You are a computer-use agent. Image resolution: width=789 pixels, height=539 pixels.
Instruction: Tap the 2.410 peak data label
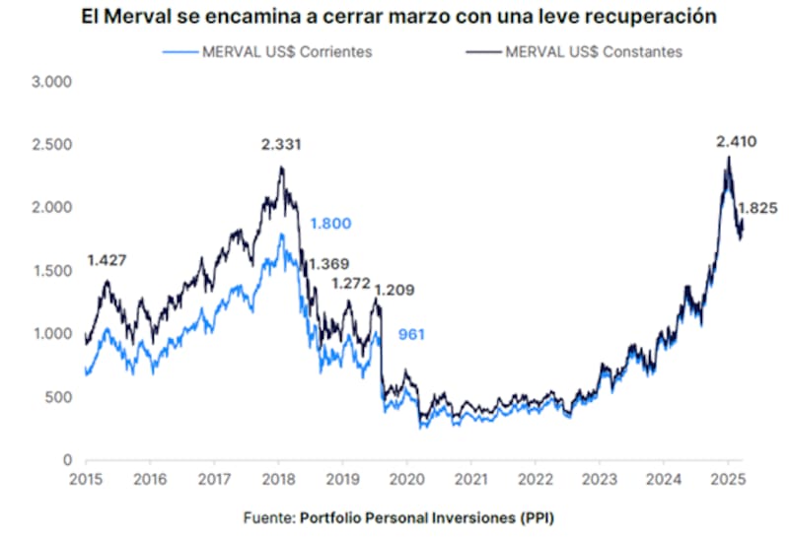[736, 142]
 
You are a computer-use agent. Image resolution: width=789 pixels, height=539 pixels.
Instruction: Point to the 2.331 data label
[281, 145]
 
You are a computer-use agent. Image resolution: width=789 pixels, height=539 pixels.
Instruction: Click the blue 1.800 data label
[330, 224]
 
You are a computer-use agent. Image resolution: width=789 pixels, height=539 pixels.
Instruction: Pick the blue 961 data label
[410, 335]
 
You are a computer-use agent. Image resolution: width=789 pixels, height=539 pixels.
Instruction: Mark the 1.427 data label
[107, 260]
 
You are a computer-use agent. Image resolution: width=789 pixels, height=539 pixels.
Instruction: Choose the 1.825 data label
[757, 208]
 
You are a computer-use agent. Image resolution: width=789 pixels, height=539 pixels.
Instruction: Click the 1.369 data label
[328, 265]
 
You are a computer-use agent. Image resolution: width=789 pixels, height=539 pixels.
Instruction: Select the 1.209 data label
[394, 290]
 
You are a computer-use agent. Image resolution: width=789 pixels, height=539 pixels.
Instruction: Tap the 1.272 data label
[350, 284]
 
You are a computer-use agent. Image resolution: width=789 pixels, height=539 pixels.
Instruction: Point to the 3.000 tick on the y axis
[53, 82]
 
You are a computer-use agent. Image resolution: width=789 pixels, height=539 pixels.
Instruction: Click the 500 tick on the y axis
[60, 397]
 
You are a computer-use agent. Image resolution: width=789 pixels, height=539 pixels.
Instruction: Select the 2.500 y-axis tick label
[53, 145]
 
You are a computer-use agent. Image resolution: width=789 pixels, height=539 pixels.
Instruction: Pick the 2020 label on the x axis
[406, 480]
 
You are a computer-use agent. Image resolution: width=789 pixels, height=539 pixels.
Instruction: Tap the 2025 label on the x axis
[728, 480]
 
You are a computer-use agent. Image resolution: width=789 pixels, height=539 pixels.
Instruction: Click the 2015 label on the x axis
[86, 480]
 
